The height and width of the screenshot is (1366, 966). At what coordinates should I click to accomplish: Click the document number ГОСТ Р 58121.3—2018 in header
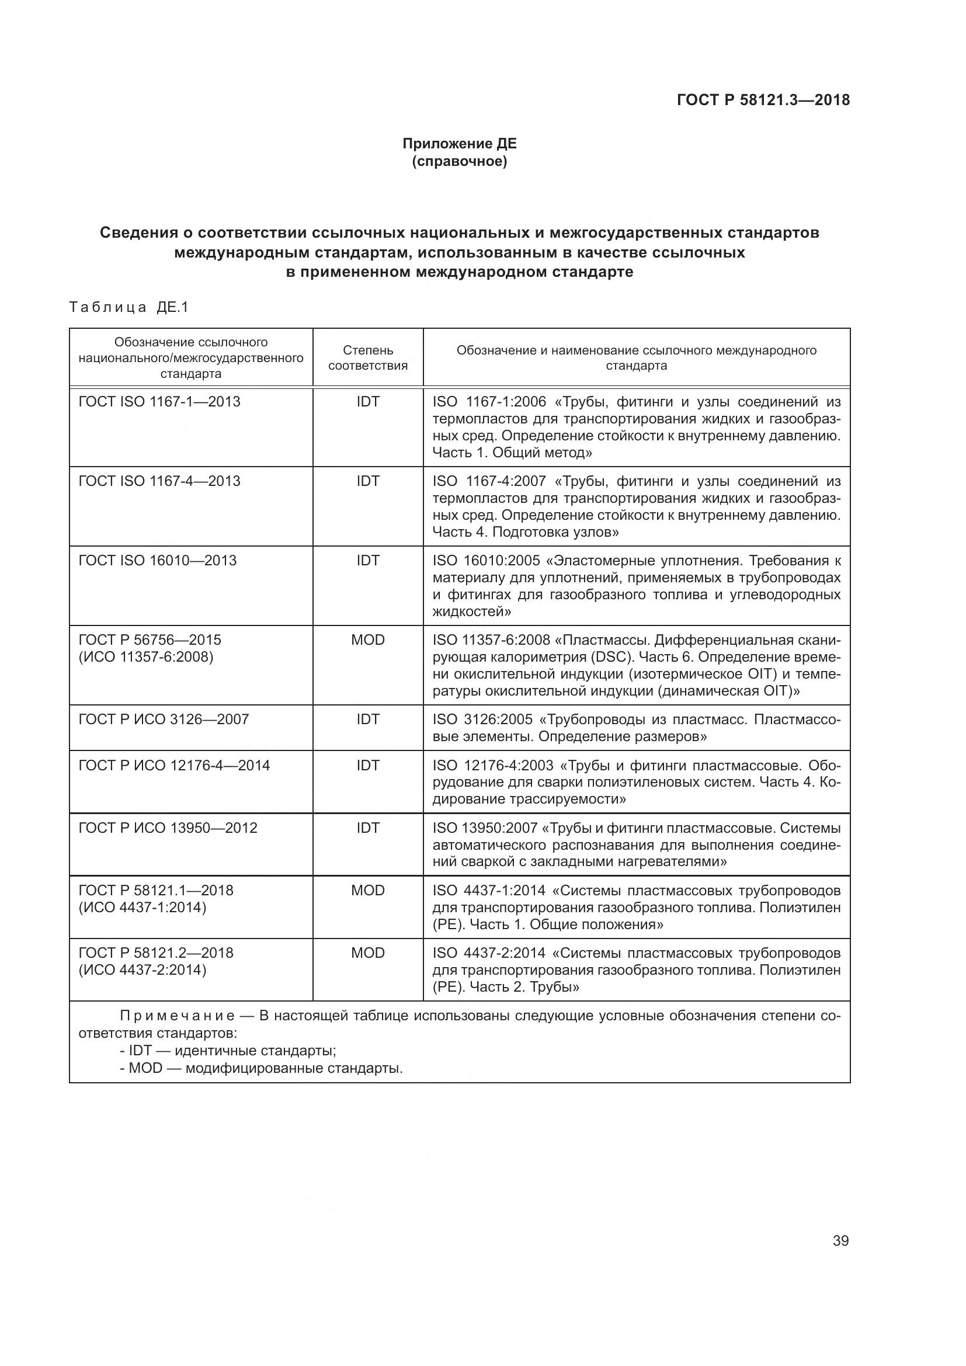point(763,100)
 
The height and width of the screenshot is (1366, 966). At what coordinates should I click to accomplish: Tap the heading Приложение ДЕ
point(459,144)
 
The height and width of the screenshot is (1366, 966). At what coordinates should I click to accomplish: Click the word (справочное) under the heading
point(459,161)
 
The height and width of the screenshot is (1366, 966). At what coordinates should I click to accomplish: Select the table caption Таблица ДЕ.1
point(128,307)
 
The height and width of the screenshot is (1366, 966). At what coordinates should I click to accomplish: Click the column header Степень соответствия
point(367,357)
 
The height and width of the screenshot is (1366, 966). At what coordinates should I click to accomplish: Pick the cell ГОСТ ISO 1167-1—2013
point(159,402)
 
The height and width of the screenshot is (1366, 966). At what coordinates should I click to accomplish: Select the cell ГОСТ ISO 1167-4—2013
point(159,481)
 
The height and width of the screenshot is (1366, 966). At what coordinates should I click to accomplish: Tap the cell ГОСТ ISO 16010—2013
point(158,561)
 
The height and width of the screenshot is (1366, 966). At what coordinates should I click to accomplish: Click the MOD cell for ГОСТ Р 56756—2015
point(367,639)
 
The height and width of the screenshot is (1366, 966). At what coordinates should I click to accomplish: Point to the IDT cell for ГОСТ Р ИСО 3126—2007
point(367,720)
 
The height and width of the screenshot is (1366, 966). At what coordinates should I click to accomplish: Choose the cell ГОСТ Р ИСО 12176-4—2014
point(173,765)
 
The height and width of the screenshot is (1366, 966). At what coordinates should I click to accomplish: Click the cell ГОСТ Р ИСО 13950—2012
point(168,828)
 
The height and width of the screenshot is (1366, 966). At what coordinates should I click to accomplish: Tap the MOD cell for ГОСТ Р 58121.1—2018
point(367,890)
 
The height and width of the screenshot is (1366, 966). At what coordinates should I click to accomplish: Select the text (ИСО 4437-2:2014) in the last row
point(142,970)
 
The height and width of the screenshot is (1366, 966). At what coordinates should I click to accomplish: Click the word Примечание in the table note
point(176,1016)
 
